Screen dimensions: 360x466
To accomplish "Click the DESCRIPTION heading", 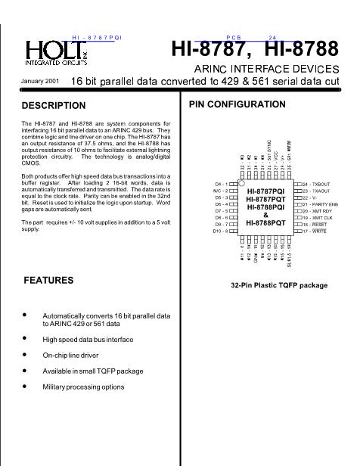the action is coord(54,106).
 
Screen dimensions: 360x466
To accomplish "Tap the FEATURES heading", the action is coord(48,280).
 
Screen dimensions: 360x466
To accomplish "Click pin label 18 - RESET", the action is coord(318,225).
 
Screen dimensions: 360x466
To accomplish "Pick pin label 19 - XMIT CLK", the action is coord(321,218).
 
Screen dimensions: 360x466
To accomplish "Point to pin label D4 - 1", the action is coord(222,184).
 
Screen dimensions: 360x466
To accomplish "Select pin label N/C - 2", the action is coord(221,191).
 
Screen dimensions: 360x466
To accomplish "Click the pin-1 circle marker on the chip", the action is coord(241,184).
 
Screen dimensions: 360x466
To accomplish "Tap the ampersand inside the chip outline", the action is coord(265,215).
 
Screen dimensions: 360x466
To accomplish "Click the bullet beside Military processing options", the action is coord(25,386).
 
